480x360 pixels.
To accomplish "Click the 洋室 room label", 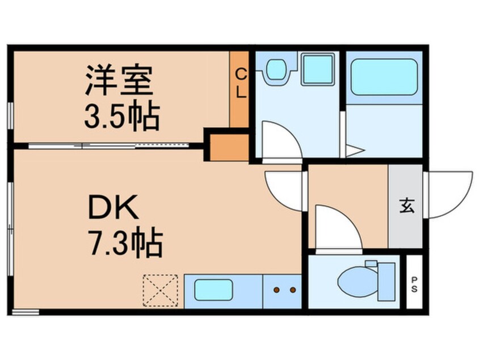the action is pyautogui.click(x=119, y=80).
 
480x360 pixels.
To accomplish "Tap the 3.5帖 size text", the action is pyautogui.click(x=122, y=117).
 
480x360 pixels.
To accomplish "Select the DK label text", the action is pyautogui.click(x=113, y=207).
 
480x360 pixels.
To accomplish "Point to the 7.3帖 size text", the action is pyautogui.click(x=125, y=241).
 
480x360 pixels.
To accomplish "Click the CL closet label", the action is pyautogui.click(x=241, y=83).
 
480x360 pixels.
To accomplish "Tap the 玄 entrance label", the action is pyautogui.click(x=407, y=206).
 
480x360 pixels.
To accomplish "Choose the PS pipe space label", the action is pyautogui.click(x=414, y=284).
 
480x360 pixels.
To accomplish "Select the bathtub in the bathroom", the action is pyautogui.click(x=384, y=77).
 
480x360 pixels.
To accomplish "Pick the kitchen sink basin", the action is pyautogui.click(x=213, y=290).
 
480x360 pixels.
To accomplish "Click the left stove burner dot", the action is pyautogui.click(x=277, y=290).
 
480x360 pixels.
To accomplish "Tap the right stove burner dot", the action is pyautogui.click(x=293, y=290).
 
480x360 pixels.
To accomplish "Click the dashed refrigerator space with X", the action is pyautogui.click(x=161, y=291).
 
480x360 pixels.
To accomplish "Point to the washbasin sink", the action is pyautogui.click(x=276, y=69).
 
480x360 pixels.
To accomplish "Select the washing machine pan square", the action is pyautogui.click(x=318, y=69).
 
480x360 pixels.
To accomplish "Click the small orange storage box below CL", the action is pyautogui.click(x=229, y=148).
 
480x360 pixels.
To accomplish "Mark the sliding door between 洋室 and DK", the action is pyautogui.click(x=109, y=146).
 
